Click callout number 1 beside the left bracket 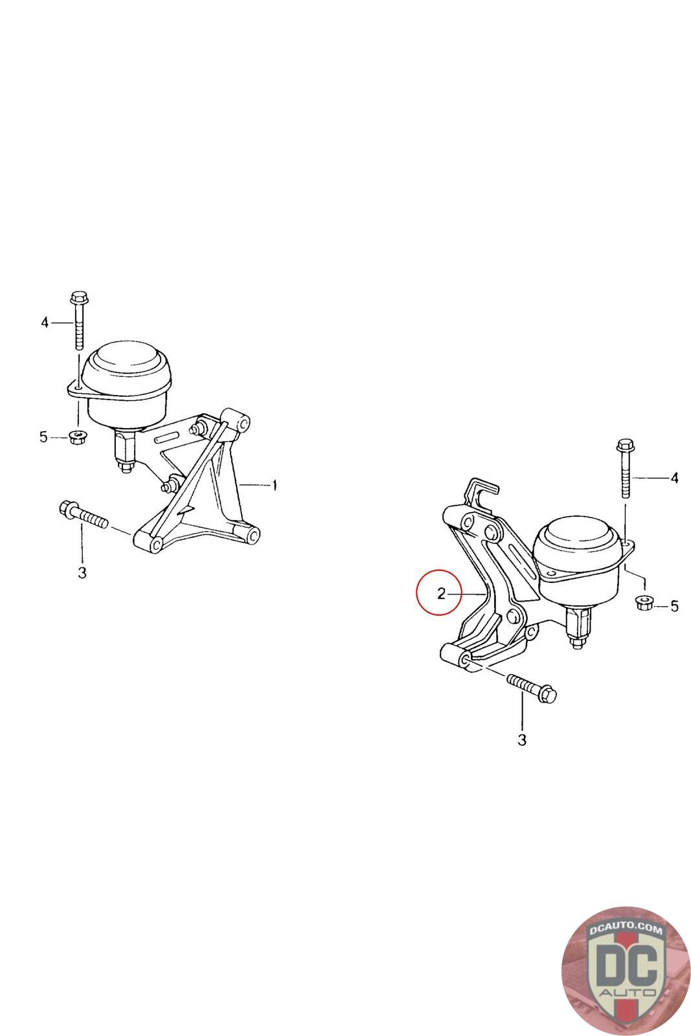coord(275,486)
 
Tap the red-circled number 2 coord(441,593)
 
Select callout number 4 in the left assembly coord(45,322)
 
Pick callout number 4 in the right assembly coord(674,478)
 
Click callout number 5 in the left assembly coord(43,436)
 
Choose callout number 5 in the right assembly coord(674,606)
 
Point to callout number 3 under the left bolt coord(82,572)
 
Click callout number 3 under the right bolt coord(522,740)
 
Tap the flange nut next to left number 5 coord(77,436)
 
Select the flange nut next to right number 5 coord(643,603)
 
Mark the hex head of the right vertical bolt coord(626,446)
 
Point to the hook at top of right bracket coord(481,491)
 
